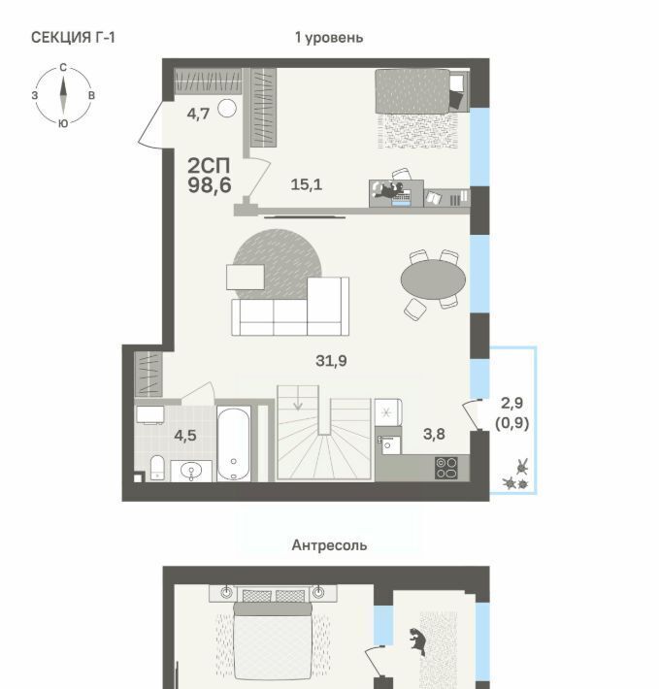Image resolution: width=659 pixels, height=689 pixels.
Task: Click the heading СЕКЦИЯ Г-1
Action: [x=73, y=38]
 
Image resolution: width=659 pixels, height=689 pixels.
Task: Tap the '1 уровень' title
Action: [x=329, y=38]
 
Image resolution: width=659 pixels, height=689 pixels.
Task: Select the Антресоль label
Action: [x=330, y=545]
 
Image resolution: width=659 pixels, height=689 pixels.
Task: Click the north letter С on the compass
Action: [x=63, y=68]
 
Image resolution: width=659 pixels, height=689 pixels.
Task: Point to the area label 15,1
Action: [x=307, y=184]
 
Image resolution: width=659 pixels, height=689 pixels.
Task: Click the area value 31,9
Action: [x=331, y=361]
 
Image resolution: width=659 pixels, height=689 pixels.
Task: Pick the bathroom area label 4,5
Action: [x=185, y=436]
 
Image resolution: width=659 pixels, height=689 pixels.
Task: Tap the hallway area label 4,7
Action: [x=198, y=114]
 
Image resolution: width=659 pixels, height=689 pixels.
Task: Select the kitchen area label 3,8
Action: [x=434, y=434]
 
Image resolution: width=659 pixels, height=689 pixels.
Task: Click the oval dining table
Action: [x=433, y=279]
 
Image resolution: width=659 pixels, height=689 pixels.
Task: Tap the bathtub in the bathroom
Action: [x=234, y=443]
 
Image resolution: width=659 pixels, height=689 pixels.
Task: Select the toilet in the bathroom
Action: [x=157, y=467]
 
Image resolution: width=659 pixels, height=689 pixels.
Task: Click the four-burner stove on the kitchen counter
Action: [x=446, y=468]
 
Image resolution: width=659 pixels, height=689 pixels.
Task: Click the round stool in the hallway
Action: [x=227, y=108]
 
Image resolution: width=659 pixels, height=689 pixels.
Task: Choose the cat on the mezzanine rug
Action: [x=417, y=640]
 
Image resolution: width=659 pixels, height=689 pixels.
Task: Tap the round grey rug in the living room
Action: [x=278, y=265]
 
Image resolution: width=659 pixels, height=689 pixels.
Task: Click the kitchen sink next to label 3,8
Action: [x=388, y=444]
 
